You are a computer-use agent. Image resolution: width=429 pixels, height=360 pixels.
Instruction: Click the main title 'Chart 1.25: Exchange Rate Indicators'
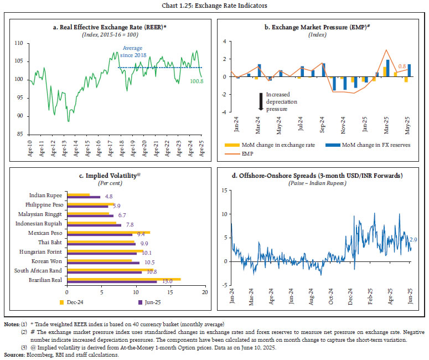[x=214, y=7]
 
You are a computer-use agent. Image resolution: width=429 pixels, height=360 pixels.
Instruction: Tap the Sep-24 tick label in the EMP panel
[x=323, y=125]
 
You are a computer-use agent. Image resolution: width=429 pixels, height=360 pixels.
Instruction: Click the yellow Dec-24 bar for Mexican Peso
[x=108, y=233]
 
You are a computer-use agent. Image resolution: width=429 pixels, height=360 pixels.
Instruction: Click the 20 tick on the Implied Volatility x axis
[x=205, y=291]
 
